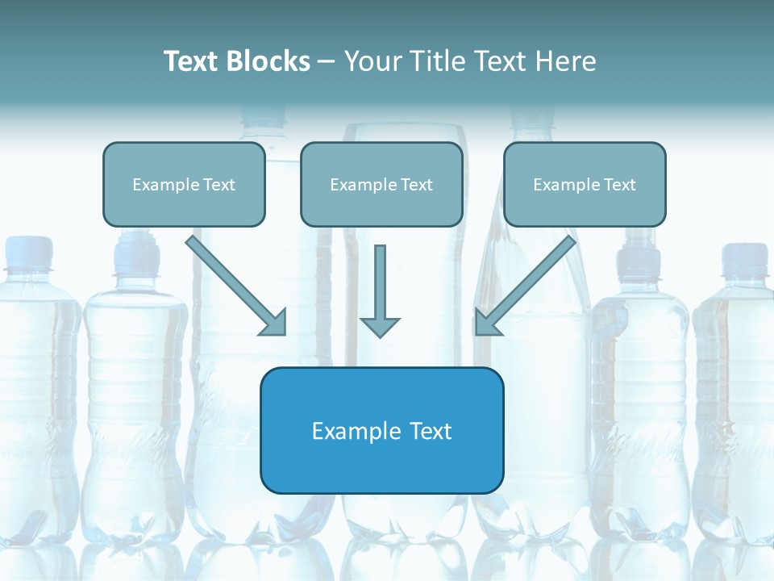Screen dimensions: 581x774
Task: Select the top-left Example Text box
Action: (184, 184)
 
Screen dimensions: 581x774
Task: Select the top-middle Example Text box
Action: (381, 184)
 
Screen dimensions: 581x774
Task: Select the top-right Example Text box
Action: (585, 184)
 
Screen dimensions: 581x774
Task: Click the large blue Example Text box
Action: (381, 430)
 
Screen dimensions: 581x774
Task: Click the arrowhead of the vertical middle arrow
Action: (380, 326)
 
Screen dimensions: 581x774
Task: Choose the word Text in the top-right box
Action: (619, 185)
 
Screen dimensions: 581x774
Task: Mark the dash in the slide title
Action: (327, 62)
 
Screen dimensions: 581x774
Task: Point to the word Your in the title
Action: (370, 61)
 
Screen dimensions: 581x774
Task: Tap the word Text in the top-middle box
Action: (416, 185)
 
